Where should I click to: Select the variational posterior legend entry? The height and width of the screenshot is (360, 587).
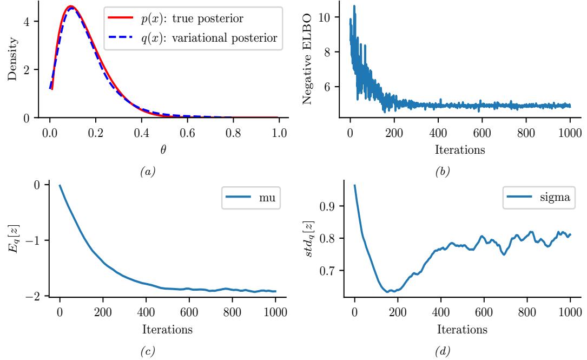pyautogui.click(x=192, y=40)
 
